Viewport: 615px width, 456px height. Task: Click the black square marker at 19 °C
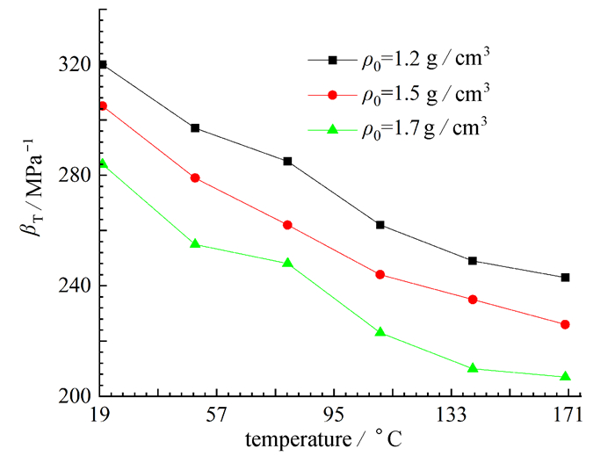click(x=103, y=65)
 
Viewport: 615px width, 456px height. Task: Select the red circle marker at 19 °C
click(x=103, y=105)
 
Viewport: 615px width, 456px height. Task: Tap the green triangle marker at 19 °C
click(x=103, y=163)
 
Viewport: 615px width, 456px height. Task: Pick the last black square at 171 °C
click(x=565, y=278)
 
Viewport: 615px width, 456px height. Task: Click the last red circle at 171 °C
click(x=565, y=324)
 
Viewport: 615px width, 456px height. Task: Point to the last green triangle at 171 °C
click(x=565, y=377)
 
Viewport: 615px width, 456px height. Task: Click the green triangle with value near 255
click(x=195, y=243)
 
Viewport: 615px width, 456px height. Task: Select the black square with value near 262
click(x=380, y=225)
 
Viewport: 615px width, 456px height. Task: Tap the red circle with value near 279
click(x=195, y=177)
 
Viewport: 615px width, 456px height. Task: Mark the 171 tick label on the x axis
click(x=568, y=415)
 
